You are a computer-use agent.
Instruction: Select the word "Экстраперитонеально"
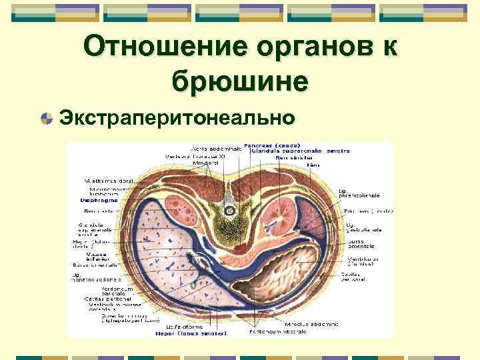click(177, 118)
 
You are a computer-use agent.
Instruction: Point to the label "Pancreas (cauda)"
click(272, 145)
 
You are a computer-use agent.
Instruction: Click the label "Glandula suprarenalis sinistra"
click(300, 151)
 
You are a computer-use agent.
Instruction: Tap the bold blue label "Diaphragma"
click(100, 199)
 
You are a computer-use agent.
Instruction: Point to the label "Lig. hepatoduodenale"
click(97, 279)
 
